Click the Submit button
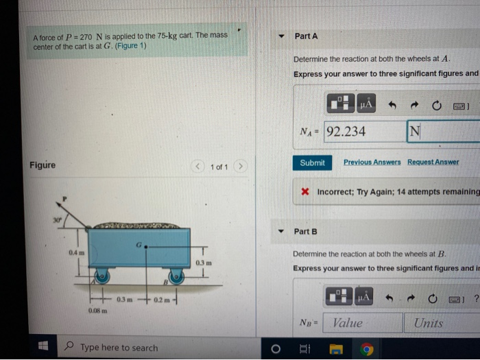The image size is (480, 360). point(312,163)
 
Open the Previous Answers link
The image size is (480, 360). point(372,163)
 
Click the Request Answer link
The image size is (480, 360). point(433,163)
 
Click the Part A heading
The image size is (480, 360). point(306,36)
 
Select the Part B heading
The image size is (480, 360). point(306,231)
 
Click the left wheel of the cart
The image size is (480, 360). point(103,276)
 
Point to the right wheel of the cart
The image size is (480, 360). point(176,276)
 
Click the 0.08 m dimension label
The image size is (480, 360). point(97,312)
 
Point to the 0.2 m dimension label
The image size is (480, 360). point(163,300)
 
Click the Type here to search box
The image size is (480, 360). point(118,348)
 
